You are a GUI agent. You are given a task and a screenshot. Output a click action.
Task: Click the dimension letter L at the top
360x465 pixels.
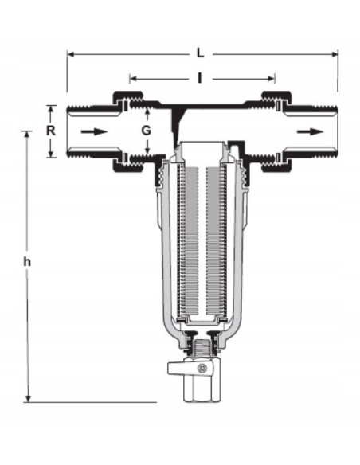(201, 53)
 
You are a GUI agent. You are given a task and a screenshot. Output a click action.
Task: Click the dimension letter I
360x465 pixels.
(200, 78)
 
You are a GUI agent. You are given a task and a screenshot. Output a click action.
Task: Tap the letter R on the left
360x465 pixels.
(51, 131)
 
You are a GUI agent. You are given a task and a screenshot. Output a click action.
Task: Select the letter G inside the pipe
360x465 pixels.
(147, 131)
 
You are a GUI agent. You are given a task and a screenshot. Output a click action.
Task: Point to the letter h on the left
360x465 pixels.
(27, 262)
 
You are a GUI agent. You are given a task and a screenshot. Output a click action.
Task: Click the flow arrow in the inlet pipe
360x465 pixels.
(94, 131)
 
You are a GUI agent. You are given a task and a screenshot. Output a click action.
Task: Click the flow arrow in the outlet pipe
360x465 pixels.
(310, 131)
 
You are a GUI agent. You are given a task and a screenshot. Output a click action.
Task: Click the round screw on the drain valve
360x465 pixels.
(202, 369)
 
